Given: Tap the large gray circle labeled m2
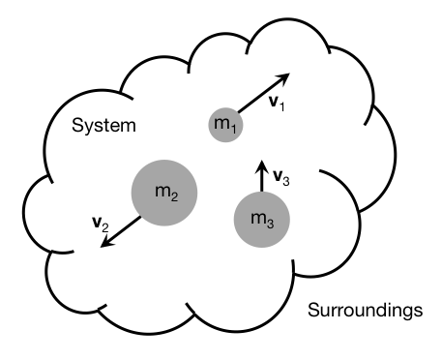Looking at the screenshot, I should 165,190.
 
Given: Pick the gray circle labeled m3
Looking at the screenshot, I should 261,220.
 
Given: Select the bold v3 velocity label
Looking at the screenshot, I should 280,176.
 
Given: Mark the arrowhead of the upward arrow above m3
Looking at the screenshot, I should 259,164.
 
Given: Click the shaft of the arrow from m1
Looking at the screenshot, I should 259,95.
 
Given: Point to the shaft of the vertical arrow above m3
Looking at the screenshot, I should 259,180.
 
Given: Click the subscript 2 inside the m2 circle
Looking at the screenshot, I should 173,195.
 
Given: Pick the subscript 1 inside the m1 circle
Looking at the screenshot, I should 231,127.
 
